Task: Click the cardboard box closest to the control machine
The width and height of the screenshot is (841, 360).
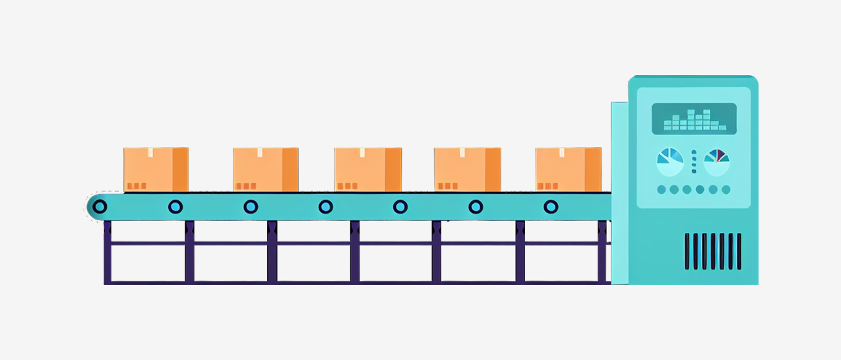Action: pyautogui.click(x=568, y=169)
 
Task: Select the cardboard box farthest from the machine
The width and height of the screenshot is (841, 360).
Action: pyautogui.click(x=156, y=169)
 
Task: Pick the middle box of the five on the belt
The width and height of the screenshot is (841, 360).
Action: pyautogui.click(x=367, y=169)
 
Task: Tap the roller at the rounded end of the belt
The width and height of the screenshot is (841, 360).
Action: pyautogui.click(x=100, y=206)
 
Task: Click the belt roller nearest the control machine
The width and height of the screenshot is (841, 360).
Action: pyautogui.click(x=550, y=206)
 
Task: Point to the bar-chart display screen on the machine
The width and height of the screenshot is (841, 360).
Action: pyautogui.click(x=694, y=119)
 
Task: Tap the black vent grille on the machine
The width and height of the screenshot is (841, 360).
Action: pyautogui.click(x=712, y=251)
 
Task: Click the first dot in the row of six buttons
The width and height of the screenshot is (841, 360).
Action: pyautogui.click(x=661, y=190)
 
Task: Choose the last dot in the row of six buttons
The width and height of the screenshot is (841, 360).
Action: pyautogui.click(x=726, y=190)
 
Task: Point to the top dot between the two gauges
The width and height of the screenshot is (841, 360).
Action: pyautogui.click(x=693, y=152)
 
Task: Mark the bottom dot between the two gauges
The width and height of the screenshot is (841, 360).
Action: pyautogui.click(x=693, y=171)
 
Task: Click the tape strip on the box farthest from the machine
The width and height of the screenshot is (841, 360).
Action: pyautogui.click(x=150, y=152)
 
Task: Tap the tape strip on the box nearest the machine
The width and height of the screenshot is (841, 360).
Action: pyautogui.click(x=562, y=152)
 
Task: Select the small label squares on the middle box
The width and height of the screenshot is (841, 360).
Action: pyautogui.click(x=347, y=186)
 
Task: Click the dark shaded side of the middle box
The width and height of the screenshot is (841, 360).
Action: pyautogui.click(x=393, y=169)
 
